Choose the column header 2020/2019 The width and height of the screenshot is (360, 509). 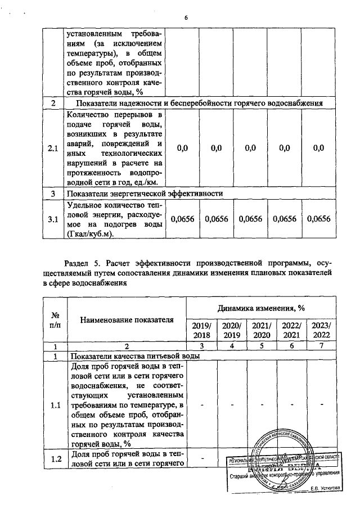pyautogui.click(x=231, y=331)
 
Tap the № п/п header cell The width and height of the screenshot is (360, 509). pyautogui.click(x=56, y=321)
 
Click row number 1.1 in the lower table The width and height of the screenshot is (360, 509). pyautogui.click(x=56, y=404)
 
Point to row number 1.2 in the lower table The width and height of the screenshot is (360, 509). pyautogui.click(x=56, y=458)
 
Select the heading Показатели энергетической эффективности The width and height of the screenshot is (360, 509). pyautogui.click(x=145, y=193)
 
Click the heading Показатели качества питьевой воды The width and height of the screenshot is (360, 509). pyautogui.click(x=134, y=356)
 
